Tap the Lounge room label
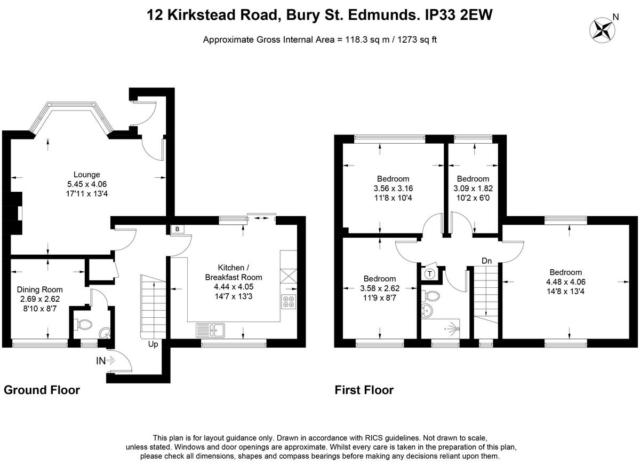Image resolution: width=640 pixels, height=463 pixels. tap(87, 175)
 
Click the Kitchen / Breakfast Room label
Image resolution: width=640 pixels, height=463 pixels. tap(234, 272)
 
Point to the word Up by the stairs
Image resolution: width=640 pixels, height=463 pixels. tap(153, 344)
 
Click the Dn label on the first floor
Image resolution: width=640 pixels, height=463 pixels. tap(486, 261)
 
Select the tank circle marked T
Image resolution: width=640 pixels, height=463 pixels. tap(430, 274)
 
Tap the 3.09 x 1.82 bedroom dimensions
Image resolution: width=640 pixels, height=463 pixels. tap(473, 189)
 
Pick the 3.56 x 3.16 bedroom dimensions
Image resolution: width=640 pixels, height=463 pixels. tap(393, 189)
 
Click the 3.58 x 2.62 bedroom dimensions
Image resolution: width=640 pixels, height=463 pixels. tap(380, 288)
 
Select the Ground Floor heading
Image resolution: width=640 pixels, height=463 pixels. tap(42, 390)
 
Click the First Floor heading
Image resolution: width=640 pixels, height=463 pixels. tap(364, 390)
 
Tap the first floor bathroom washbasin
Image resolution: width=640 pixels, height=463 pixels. tap(427, 310)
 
